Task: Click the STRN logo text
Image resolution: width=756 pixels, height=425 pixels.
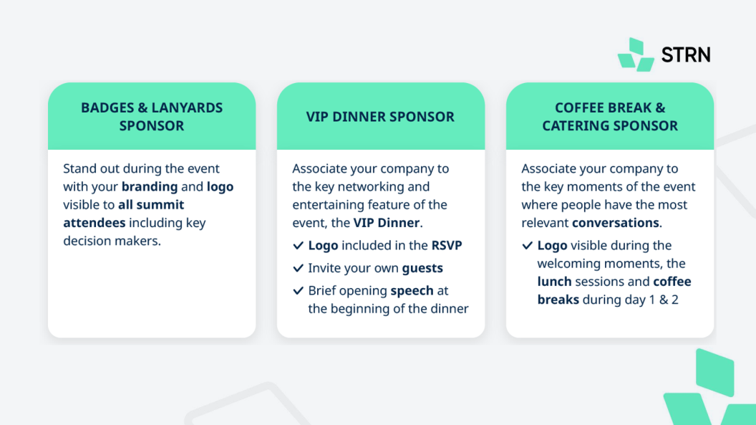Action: click(686, 55)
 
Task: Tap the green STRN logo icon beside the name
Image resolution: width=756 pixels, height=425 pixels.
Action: click(636, 54)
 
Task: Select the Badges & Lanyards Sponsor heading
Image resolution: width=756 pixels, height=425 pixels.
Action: click(152, 116)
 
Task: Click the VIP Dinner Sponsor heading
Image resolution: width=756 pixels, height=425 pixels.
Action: click(380, 117)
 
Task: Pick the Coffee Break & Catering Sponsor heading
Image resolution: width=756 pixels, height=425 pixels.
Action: click(610, 116)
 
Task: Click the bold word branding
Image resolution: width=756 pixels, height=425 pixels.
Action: click(150, 186)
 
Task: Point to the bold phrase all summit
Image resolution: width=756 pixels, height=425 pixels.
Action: click(151, 204)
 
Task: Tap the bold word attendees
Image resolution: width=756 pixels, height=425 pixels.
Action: click(94, 223)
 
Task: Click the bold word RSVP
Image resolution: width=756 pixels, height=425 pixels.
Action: click(447, 246)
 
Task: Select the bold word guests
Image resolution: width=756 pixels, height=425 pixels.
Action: click(422, 268)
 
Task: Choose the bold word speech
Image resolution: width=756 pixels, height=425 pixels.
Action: click(412, 291)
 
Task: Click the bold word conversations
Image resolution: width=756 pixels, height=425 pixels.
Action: click(615, 223)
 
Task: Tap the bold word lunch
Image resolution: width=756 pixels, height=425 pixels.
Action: click(554, 282)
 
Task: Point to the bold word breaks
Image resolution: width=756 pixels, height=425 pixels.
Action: click(558, 300)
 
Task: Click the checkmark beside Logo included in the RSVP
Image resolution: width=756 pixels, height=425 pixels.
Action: click(298, 246)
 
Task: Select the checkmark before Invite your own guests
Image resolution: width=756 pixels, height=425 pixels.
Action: click(298, 268)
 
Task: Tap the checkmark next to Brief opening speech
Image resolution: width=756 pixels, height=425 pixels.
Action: click(298, 291)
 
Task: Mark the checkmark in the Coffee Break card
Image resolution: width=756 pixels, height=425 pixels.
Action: click(528, 246)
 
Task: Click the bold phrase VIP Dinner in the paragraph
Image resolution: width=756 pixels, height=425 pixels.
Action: click(386, 223)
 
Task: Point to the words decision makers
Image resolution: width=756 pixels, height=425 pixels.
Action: click(112, 241)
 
